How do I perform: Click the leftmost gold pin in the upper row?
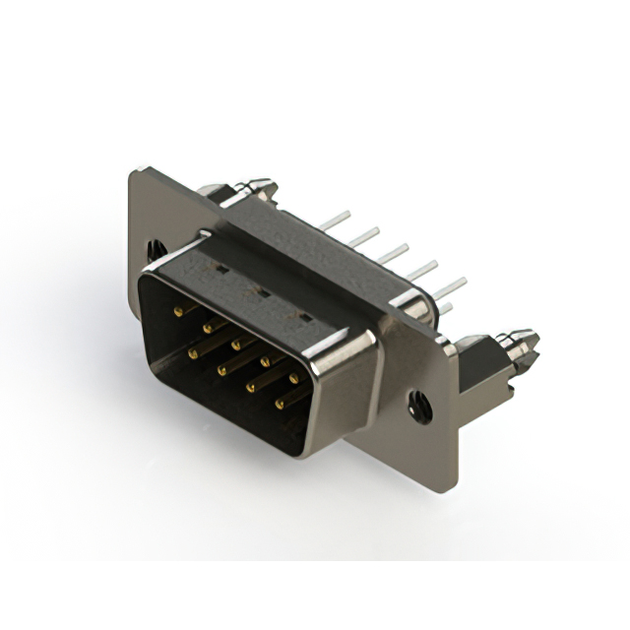pos(178,311)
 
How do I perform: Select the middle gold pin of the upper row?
pos(236,345)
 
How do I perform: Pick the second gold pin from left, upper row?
pos(208,327)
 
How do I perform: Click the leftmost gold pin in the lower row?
pos(193,350)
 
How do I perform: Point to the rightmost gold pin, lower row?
pos(280,403)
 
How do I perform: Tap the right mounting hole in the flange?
pos(416,402)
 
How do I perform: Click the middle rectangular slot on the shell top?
pos(261,291)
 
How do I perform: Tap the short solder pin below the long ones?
pos(446,309)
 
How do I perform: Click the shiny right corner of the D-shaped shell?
pos(369,340)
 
